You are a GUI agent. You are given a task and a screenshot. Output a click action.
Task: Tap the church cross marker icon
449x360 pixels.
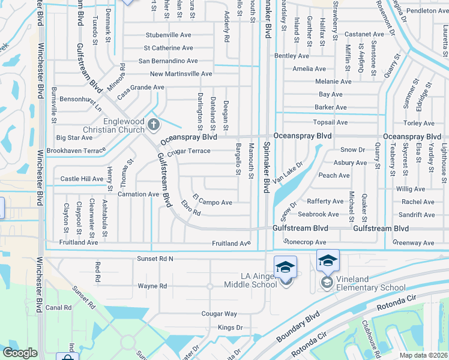(153, 126)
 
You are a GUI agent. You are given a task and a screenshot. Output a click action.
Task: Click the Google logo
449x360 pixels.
(20, 353)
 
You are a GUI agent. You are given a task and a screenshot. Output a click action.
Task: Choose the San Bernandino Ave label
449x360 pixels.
(168, 61)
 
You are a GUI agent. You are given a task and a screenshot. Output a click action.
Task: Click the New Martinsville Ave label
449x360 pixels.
(181, 74)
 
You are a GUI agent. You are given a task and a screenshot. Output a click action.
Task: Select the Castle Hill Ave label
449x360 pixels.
(82, 179)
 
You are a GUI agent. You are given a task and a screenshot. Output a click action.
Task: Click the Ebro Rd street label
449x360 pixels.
(190, 212)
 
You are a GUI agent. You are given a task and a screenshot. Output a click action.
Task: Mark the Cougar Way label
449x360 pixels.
(219, 314)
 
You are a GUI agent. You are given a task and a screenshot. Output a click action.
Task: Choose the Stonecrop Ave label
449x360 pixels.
(306, 242)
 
